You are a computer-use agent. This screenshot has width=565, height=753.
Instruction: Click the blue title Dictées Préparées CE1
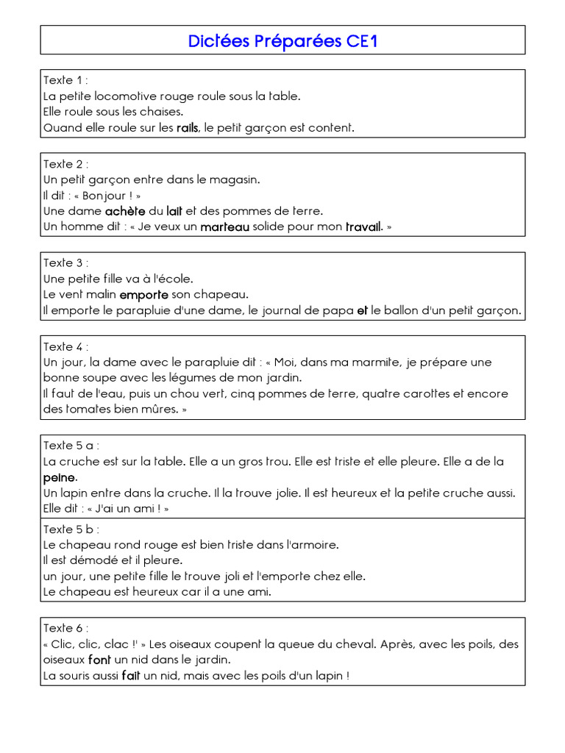coord(282,41)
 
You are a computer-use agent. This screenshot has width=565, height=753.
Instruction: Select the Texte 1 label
coord(65,80)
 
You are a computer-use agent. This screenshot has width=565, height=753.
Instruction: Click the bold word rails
coord(188,128)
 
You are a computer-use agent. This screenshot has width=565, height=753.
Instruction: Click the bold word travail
coord(363,227)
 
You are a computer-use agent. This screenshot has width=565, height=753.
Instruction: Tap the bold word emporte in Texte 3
coord(144,295)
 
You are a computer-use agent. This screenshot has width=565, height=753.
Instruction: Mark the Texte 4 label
coord(65,346)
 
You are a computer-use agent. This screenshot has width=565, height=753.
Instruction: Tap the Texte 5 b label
coord(71,529)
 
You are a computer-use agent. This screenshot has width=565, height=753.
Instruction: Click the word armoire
coord(316,545)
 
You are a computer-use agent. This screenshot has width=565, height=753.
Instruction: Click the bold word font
coord(99,660)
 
